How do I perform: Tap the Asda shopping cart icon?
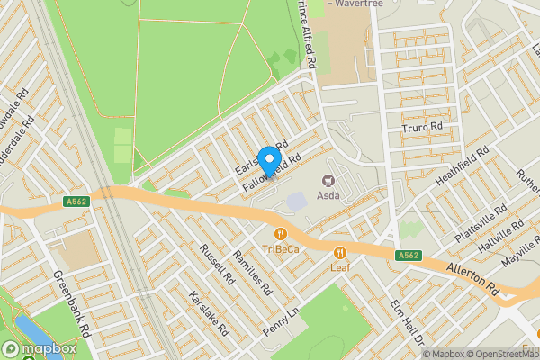(328, 180)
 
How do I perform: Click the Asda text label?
(328, 195)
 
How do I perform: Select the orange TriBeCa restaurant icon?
(268, 233)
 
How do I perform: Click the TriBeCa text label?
(281, 248)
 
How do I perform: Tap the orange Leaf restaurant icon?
(339, 253)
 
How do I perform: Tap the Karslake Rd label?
(206, 310)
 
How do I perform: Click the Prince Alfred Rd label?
(304, 34)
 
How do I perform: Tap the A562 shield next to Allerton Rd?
(408, 256)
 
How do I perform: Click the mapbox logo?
(40, 348)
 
